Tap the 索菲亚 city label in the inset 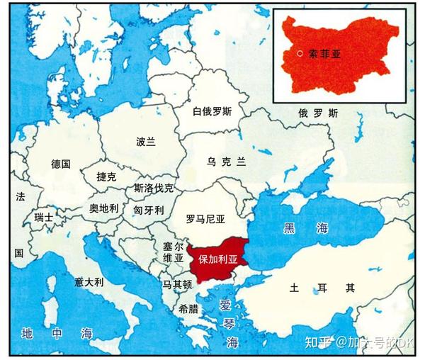326,52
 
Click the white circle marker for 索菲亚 300,53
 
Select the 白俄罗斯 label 212,112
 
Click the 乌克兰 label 226,162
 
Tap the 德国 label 61,164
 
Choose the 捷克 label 106,177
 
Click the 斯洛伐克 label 154,189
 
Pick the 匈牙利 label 149,210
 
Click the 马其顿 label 177,284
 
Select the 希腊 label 188,309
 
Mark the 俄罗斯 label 318,113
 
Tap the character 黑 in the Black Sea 290,227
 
